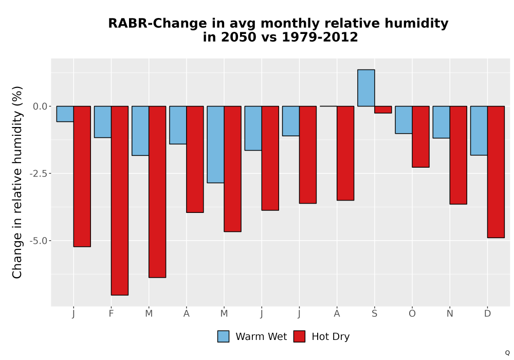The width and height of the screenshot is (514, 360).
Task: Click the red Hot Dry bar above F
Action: tap(120, 201)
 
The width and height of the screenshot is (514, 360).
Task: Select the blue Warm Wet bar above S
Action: tap(366, 88)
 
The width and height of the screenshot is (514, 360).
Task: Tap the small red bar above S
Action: tap(383, 110)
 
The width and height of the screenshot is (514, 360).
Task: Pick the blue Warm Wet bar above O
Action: tap(403, 120)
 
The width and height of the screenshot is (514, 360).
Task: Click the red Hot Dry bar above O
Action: tap(420, 137)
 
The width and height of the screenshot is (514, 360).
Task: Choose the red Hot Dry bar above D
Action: tap(496, 172)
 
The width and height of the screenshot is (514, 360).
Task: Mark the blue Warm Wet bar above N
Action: tap(441, 122)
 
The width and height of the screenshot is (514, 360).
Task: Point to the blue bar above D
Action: tap(479, 131)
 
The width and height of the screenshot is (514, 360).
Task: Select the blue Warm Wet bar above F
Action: tap(103, 122)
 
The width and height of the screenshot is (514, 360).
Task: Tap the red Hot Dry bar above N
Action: tap(458, 155)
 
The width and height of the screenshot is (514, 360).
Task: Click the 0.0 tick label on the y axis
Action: tap(40, 106)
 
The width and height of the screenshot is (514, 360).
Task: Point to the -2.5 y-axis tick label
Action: tap(38, 173)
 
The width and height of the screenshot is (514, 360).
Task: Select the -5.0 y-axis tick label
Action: tap(38, 241)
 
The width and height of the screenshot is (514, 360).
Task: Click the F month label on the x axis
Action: tap(111, 314)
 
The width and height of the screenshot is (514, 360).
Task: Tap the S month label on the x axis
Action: tap(374, 314)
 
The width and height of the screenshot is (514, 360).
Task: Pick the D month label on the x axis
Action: tap(487, 314)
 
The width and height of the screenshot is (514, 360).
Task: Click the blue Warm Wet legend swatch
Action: tap(223, 336)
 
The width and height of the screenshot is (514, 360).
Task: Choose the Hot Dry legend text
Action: tap(331, 337)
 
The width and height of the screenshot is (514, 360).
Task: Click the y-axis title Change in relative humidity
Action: tap(17, 182)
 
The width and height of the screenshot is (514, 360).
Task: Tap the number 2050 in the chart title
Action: tap(238, 37)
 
